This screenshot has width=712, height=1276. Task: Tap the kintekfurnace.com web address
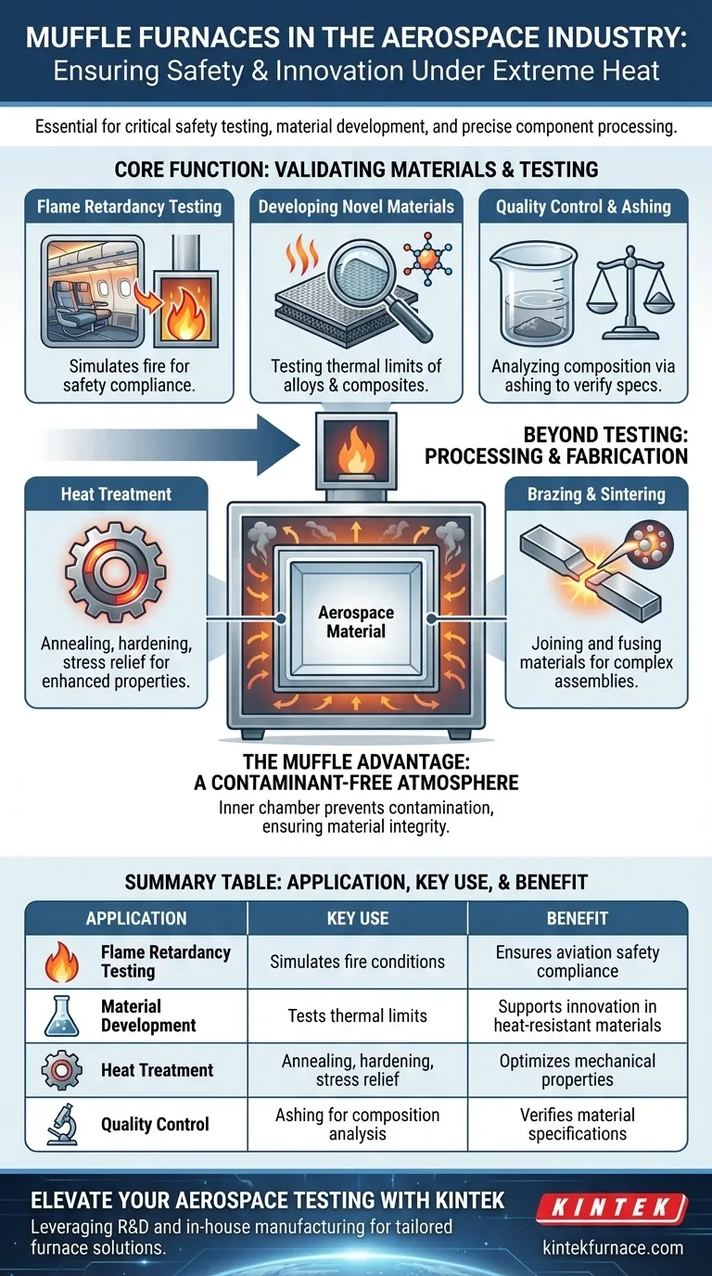612,1247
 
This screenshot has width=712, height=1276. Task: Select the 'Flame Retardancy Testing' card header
129,206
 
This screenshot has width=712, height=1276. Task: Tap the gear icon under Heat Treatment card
116,565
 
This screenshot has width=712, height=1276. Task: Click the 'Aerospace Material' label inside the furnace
356,622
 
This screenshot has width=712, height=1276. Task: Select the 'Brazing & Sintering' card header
596,494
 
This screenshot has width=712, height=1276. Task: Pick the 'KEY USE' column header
357,918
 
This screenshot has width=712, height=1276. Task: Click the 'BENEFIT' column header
578,918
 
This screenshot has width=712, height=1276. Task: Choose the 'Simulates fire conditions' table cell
357,962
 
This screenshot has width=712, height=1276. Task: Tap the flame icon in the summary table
62,963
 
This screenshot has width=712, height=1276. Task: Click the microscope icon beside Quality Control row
62,1125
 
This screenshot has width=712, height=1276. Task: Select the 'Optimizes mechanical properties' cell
578,1070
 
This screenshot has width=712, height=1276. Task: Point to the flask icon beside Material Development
62,1015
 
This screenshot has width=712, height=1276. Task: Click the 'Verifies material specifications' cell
578,1124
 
